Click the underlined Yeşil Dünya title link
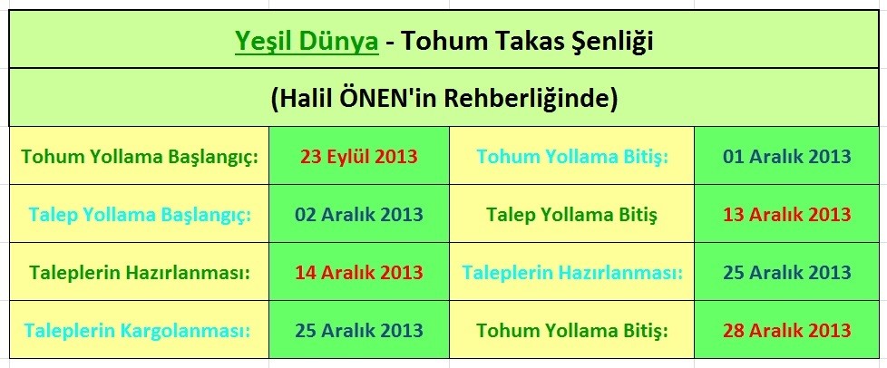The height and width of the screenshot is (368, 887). tap(307, 41)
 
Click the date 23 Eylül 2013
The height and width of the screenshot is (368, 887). tap(359, 156)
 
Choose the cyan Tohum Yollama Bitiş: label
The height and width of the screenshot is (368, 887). tap(571, 156)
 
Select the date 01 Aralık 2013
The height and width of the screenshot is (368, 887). tap(787, 156)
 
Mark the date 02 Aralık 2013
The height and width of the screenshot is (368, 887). tap(359, 215)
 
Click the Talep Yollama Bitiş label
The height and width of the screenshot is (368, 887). tap(571, 215)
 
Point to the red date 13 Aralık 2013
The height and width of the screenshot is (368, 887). tap(787, 215)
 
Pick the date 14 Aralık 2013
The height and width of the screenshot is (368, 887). tap(359, 272)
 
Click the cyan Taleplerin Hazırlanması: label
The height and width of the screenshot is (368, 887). tap(571, 272)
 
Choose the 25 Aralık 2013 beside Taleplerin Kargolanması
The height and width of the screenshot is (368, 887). tap(359, 330)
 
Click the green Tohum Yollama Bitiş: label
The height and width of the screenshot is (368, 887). tap(571, 330)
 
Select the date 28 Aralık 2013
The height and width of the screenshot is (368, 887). tap(787, 330)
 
